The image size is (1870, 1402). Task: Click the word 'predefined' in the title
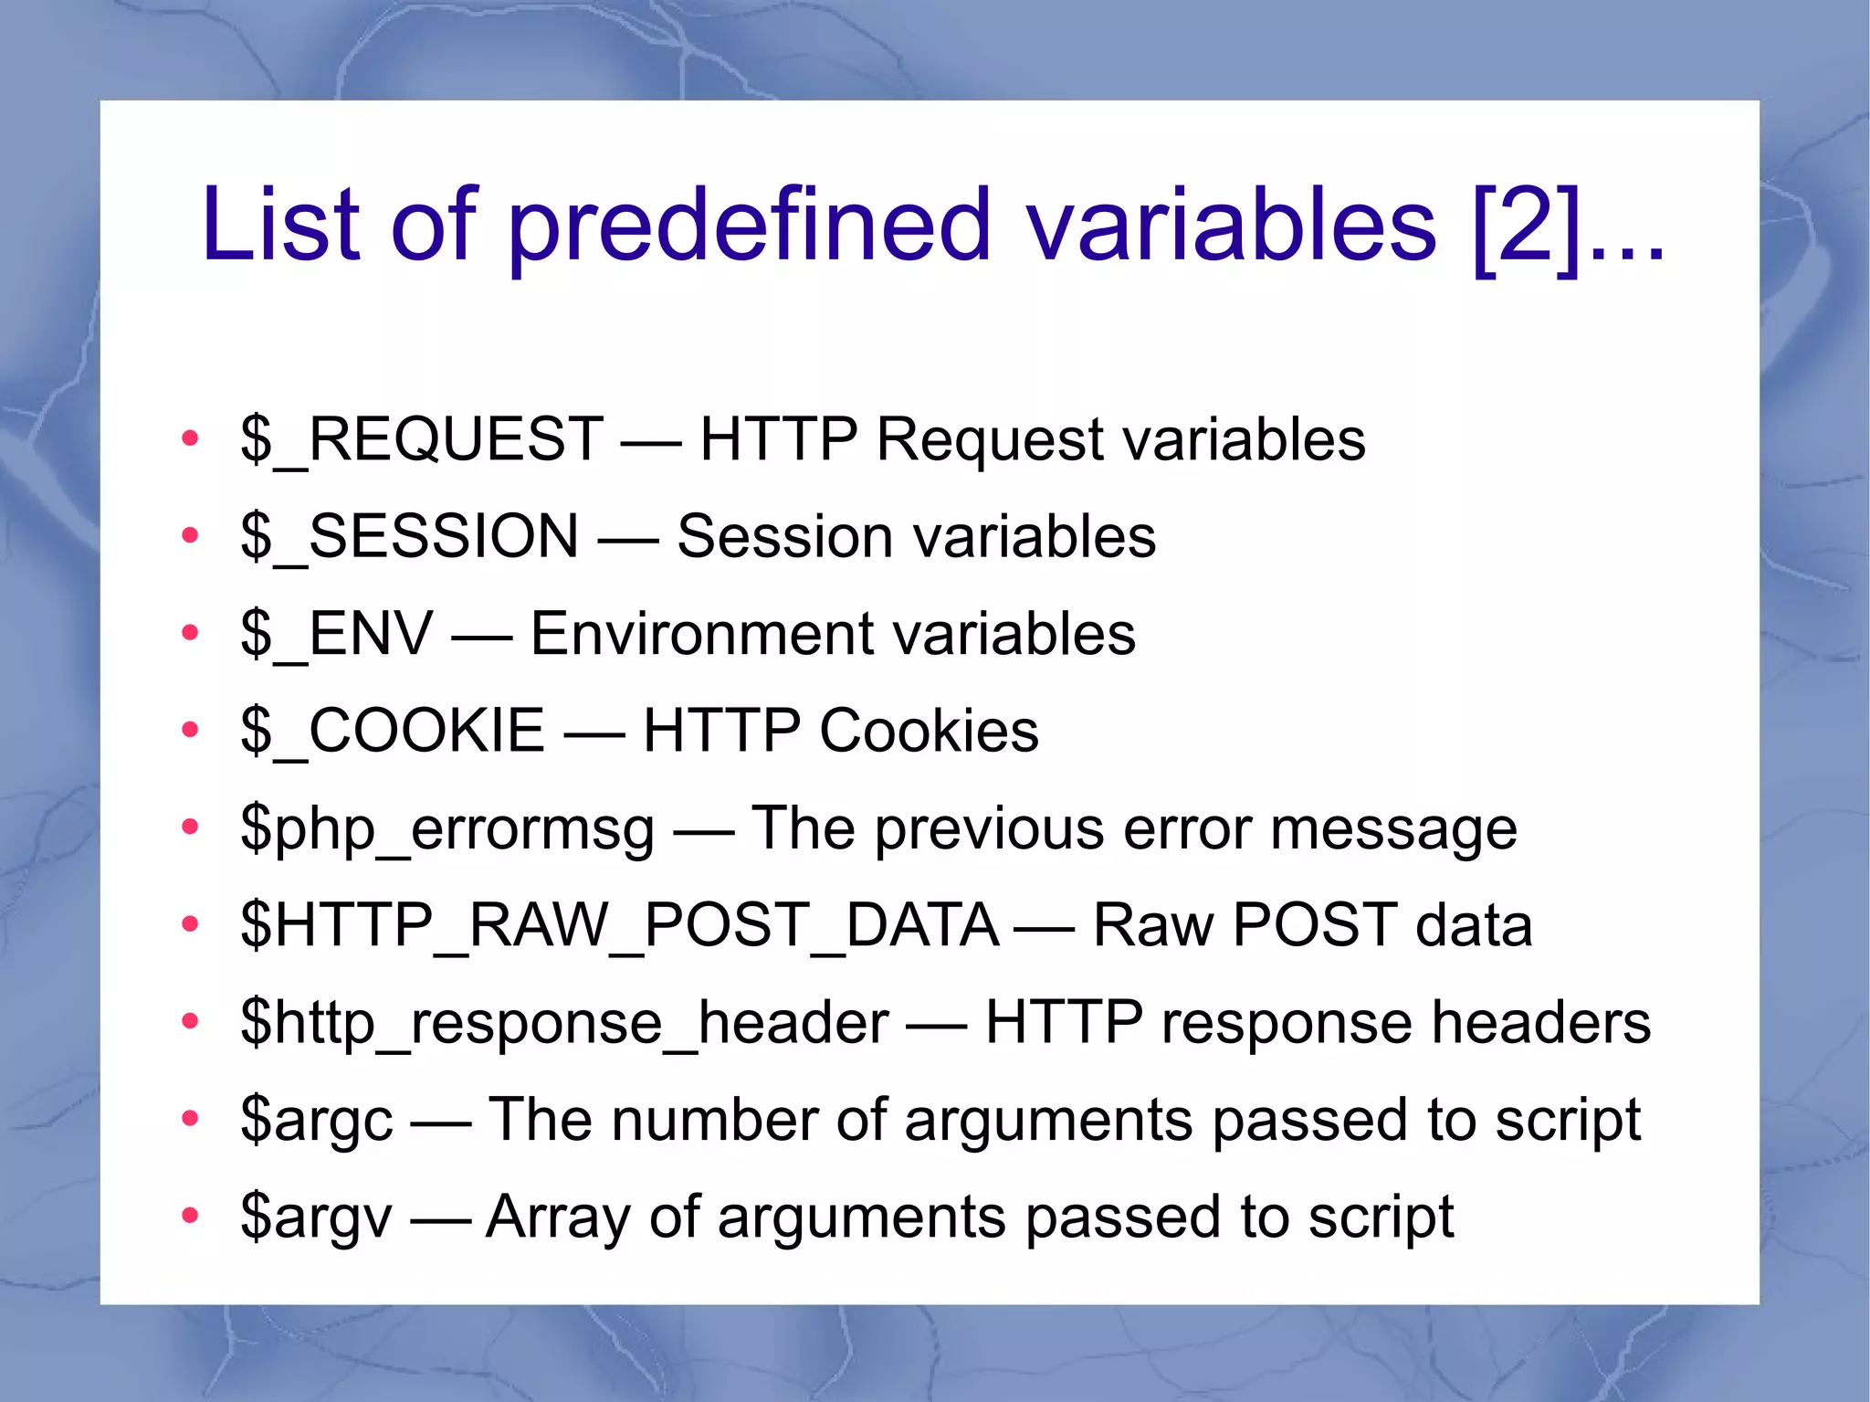tap(749, 225)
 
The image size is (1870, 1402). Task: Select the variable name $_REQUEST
tap(421, 439)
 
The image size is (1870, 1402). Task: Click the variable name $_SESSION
tap(409, 536)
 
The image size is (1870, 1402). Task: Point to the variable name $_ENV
tap(336, 634)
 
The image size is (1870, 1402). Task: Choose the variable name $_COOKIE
tap(393, 731)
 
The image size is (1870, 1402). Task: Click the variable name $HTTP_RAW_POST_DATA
tap(619, 925)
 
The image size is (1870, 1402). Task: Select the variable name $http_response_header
tap(564, 1022)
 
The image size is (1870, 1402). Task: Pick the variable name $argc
tap(317, 1120)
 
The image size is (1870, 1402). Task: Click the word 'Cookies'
tap(929, 731)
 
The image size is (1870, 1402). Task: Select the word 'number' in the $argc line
tap(715, 1120)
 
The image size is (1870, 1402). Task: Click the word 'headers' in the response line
tap(1540, 1022)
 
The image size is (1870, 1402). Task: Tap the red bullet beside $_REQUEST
tap(190, 439)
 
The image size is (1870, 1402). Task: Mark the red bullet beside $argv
tap(190, 1216)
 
